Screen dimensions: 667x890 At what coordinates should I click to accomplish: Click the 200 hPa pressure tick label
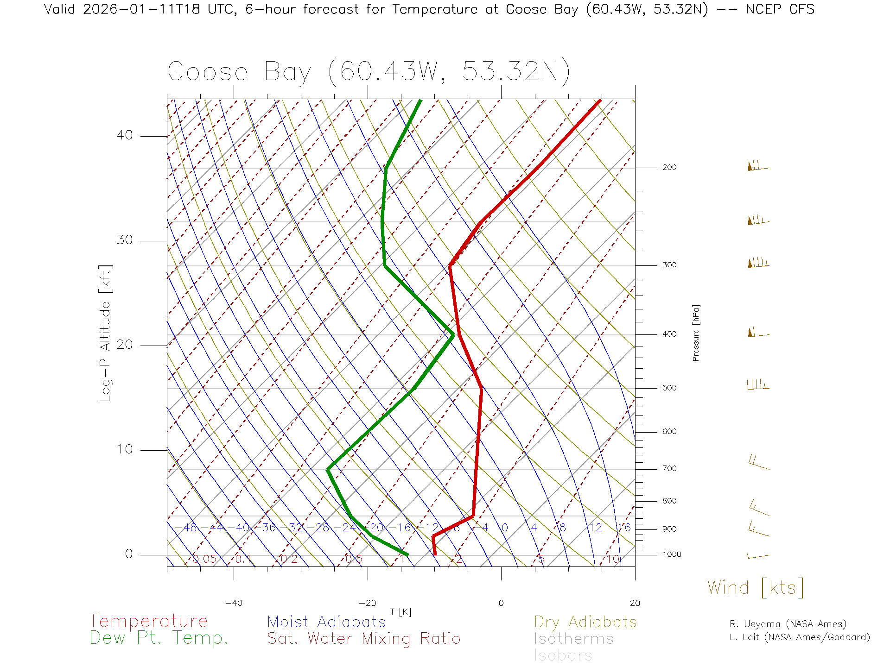pyautogui.click(x=669, y=168)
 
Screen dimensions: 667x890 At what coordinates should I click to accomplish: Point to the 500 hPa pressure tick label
pyautogui.click(x=669, y=388)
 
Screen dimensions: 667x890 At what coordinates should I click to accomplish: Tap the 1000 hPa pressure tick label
pyautogui.click(x=672, y=554)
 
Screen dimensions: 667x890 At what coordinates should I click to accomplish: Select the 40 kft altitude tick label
pyautogui.click(x=124, y=135)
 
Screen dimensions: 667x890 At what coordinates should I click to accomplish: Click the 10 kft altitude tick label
pyautogui.click(x=124, y=449)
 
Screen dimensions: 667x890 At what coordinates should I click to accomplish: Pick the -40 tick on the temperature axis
pyautogui.click(x=234, y=603)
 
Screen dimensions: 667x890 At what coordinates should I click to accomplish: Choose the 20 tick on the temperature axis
pyautogui.click(x=635, y=603)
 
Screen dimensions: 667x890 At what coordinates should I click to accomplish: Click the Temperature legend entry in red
pyautogui.click(x=148, y=621)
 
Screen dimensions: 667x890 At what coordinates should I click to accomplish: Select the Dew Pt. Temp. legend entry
pyautogui.click(x=159, y=638)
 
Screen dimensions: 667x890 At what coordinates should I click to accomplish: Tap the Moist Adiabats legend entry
pyautogui.click(x=326, y=622)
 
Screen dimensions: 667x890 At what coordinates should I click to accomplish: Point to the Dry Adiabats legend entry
pyautogui.click(x=585, y=622)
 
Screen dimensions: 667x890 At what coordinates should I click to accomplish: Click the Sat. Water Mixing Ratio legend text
pyautogui.click(x=363, y=639)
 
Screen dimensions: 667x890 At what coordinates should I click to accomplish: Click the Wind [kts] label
pyautogui.click(x=755, y=588)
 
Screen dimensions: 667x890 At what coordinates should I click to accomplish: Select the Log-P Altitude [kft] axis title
pyautogui.click(x=106, y=333)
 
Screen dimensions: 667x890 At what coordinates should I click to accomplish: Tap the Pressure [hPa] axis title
pyautogui.click(x=696, y=333)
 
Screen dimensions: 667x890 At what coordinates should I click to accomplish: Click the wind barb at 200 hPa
pyautogui.click(x=757, y=166)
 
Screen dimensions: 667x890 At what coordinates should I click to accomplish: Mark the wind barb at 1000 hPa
pyautogui.click(x=758, y=556)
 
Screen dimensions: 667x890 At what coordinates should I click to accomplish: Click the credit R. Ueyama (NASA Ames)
pyautogui.click(x=788, y=624)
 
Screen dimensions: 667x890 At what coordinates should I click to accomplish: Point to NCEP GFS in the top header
pyautogui.click(x=780, y=9)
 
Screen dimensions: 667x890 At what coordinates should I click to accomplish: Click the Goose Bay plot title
pyautogui.click(x=369, y=72)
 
